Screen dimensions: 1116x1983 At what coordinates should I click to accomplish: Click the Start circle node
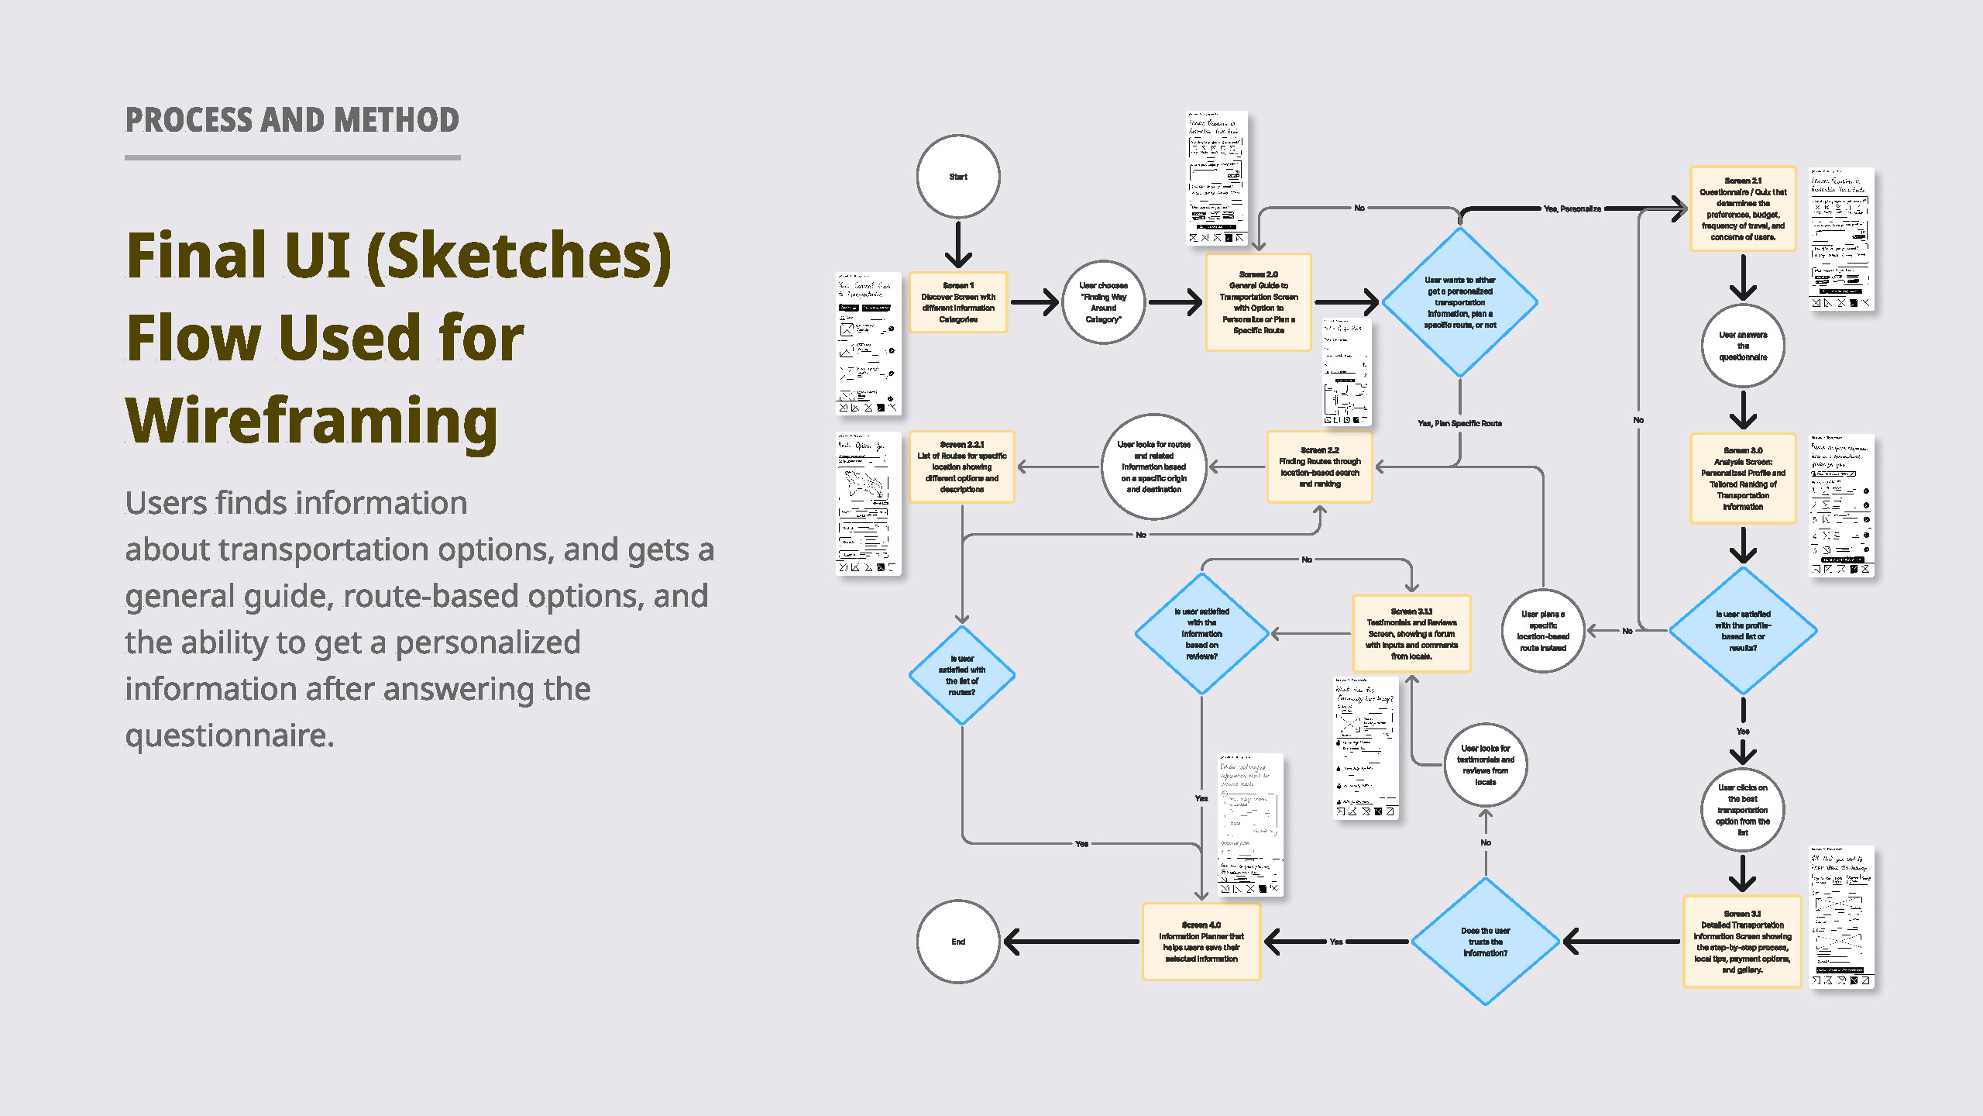click(x=958, y=177)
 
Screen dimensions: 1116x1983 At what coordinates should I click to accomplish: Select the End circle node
click(x=958, y=942)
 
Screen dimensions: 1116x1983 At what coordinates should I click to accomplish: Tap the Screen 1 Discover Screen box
click(x=958, y=302)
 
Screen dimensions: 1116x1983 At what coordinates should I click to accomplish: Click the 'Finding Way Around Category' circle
click(x=1103, y=302)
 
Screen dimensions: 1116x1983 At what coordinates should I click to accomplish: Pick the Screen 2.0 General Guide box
click(x=1259, y=302)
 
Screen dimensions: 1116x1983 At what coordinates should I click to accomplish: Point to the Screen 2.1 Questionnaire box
click(x=1743, y=208)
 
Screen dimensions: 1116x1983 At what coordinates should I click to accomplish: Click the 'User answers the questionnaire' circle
click(x=1743, y=346)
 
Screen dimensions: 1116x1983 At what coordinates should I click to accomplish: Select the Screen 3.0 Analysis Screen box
click(x=1743, y=478)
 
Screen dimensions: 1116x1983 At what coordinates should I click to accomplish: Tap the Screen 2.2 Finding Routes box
click(x=1320, y=467)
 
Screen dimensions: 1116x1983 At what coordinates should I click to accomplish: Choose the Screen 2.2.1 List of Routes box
click(x=962, y=467)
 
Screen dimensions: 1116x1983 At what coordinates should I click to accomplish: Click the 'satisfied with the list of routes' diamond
click(x=962, y=675)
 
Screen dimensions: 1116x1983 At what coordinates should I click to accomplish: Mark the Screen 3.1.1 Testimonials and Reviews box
click(x=1411, y=633)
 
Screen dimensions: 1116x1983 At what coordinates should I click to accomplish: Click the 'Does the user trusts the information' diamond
click(x=1486, y=942)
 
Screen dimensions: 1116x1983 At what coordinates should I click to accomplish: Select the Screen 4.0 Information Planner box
click(x=1201, y=942)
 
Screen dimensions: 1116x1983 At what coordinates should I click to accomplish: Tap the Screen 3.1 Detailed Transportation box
click(x=1743, y=942)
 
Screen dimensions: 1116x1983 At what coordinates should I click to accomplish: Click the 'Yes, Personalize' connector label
click(x=1572, y=208)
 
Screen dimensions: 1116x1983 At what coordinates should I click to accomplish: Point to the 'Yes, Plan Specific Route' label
click(x=1459, y=423)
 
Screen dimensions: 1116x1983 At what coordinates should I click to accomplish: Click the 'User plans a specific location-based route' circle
click(x=1543, y=631)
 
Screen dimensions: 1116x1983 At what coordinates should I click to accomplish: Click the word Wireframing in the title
click(x=311, y=420)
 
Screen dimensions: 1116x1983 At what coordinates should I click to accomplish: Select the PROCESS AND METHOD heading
click(x=292, y=120)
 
